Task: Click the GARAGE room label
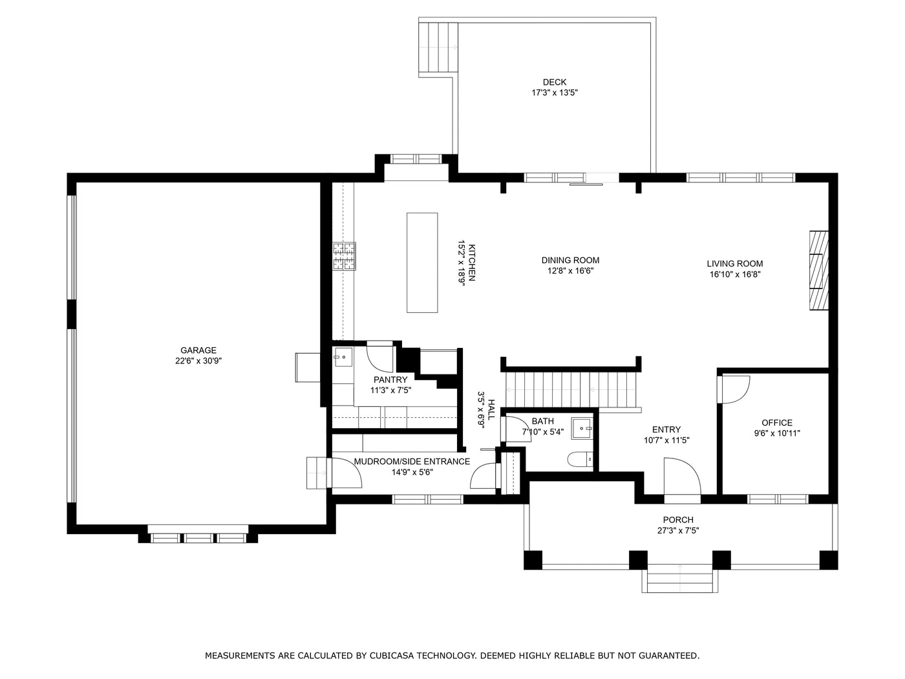click(x=198, y=350)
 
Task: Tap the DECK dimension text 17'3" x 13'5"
click(x=554, y=93)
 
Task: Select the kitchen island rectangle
click(x=421, y=263)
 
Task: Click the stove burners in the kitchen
click(x=344, y=255)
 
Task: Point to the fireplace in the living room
click(x=819, y=270)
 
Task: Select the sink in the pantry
click(x=343, y=356)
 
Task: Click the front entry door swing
click(x=682, y=477)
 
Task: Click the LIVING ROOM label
click(x=734, y=264)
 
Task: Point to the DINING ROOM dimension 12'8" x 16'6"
click(x=570, y=272)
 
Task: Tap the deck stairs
click(x=438, y=49)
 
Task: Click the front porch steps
click(x=679, y=578)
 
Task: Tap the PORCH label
click(x=678, y=520)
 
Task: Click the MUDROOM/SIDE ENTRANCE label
click(x=412, y=462)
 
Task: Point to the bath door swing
click(x=516, y=429)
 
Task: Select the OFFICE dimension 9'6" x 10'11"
click(x=777, y=434)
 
